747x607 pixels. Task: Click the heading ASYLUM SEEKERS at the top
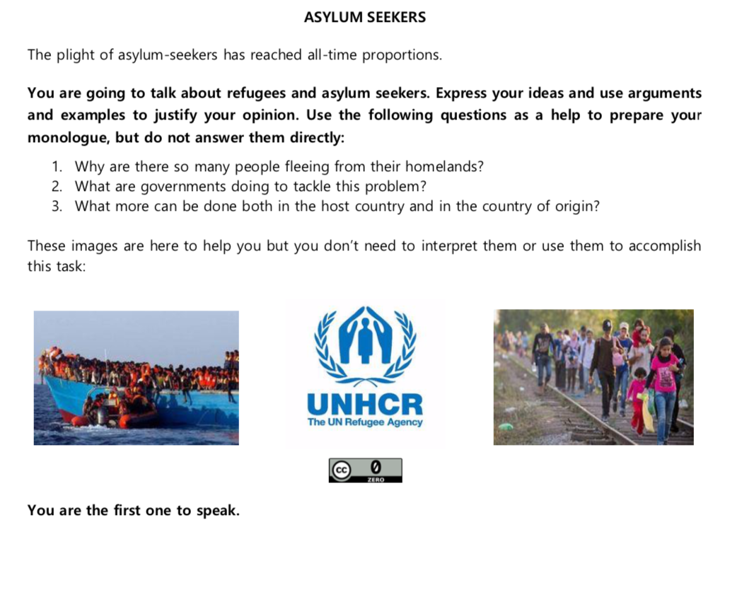coord(365,18)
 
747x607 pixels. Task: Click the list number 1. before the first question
coord(57,168)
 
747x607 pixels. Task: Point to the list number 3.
coord(57,207)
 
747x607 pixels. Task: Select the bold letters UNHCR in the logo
coord(365,405)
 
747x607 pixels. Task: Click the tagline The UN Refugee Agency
coord(365,422)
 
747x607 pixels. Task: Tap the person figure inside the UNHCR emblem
coord(366,340)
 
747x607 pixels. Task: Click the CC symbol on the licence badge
coord(342,469)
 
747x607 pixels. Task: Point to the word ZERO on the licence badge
coord(376,480)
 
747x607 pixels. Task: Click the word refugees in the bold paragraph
coord(265,94)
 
